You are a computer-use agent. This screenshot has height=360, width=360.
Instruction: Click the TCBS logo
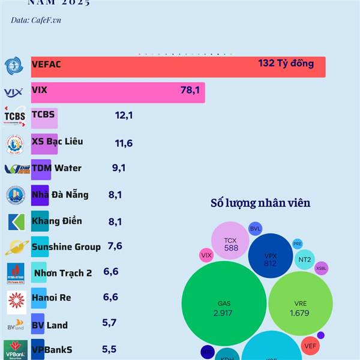coord(15,116)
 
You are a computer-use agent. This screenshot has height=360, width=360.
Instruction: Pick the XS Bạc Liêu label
coord(57,142)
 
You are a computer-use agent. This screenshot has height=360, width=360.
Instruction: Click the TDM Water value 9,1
coord(119,168)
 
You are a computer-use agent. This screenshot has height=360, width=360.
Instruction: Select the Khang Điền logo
coord(16,222)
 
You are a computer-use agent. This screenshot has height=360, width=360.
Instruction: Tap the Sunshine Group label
coord(66,247)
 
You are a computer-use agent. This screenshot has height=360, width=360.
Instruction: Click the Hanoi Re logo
coord(16,299)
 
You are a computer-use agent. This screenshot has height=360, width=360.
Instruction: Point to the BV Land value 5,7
coord(109,323)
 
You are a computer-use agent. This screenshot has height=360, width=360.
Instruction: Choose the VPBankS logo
coord(16,349)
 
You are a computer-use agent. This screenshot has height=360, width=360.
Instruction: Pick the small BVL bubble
coord(256,229)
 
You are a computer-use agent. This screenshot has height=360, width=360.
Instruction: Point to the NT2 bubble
coord(305,259)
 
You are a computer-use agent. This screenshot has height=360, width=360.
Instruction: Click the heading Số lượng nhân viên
coord(260,203)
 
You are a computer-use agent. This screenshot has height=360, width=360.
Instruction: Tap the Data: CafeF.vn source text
coord(36,20)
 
